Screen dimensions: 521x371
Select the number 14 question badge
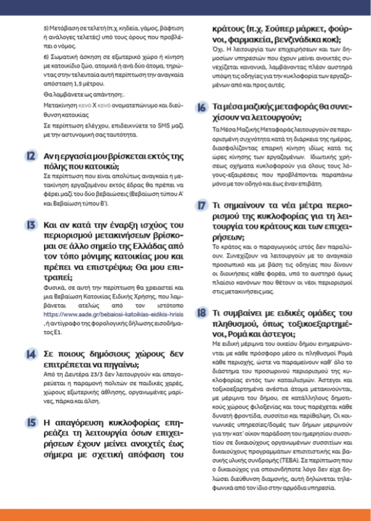(x=30, y=354)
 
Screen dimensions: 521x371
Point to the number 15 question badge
(x=30, y=422)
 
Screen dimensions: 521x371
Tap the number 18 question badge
(x=202, y=313)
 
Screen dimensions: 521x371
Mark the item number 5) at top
(x=46, y=29)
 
